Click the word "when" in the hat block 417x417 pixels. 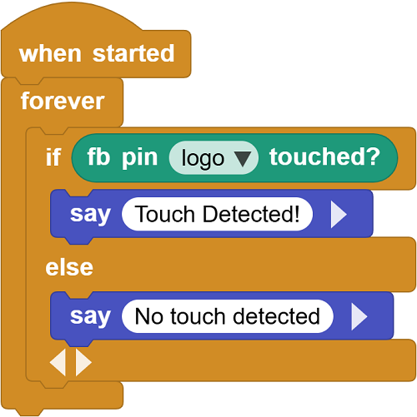[x=50, y=53]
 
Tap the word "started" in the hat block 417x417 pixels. [x=133, y=53]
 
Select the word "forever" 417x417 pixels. [x=63, y=101]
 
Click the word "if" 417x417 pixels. [x=53, y=156]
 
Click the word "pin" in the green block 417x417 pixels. [x=140, y=158]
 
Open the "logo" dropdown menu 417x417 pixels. [x=214, y=157]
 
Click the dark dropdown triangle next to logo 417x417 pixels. [x=243, y=159]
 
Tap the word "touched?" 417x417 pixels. [x=324, y=156]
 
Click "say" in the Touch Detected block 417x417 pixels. [x=90, y=215]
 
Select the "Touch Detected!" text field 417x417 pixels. [x=217, y=214]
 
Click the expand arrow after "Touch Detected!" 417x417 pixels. [x=339, y=215]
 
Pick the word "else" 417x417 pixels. [x=69, y=267]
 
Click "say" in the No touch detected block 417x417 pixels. [x=90, y=317]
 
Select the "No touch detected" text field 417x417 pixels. [x=228, y=316]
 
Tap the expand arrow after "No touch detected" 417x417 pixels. [x=359, y=316]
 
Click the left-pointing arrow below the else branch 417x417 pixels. [x=58, y=362]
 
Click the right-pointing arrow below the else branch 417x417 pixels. [x=83, y=362]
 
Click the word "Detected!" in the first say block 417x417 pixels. [x=251, y=214]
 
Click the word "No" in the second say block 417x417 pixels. [x=149, y=316]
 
